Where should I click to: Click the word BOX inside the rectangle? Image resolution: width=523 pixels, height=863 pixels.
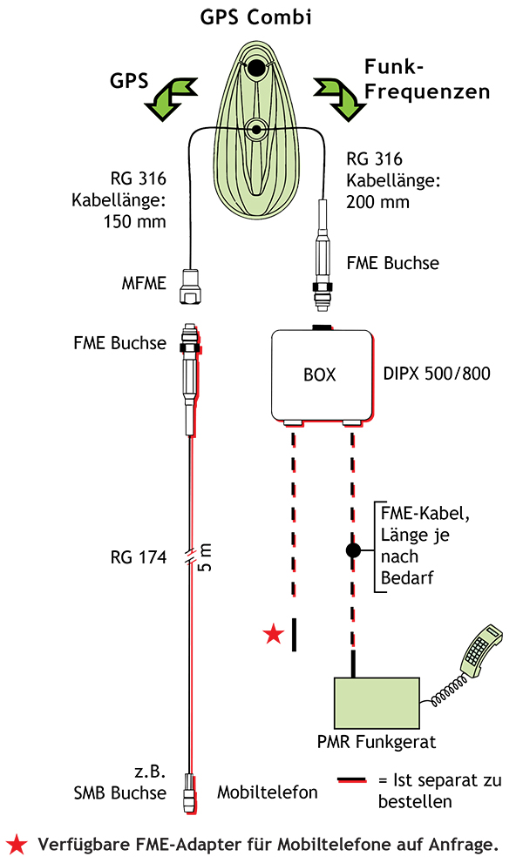coord(319,375)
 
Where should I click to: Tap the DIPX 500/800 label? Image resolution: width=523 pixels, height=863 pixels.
coord(437,375)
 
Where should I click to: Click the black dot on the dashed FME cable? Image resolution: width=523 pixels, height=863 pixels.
coord(353,550)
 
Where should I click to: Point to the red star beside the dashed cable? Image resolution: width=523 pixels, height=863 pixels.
coord(274,634)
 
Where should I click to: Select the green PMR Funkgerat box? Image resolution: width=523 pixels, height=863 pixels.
coord(376,704)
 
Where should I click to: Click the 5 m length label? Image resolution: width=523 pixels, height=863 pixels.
coord(206,556)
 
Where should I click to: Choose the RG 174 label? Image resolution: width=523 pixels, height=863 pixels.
coord(140,558)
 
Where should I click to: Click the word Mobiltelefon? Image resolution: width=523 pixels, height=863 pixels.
coord(267,792)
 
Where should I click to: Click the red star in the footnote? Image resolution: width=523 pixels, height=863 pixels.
coord(17,843)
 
